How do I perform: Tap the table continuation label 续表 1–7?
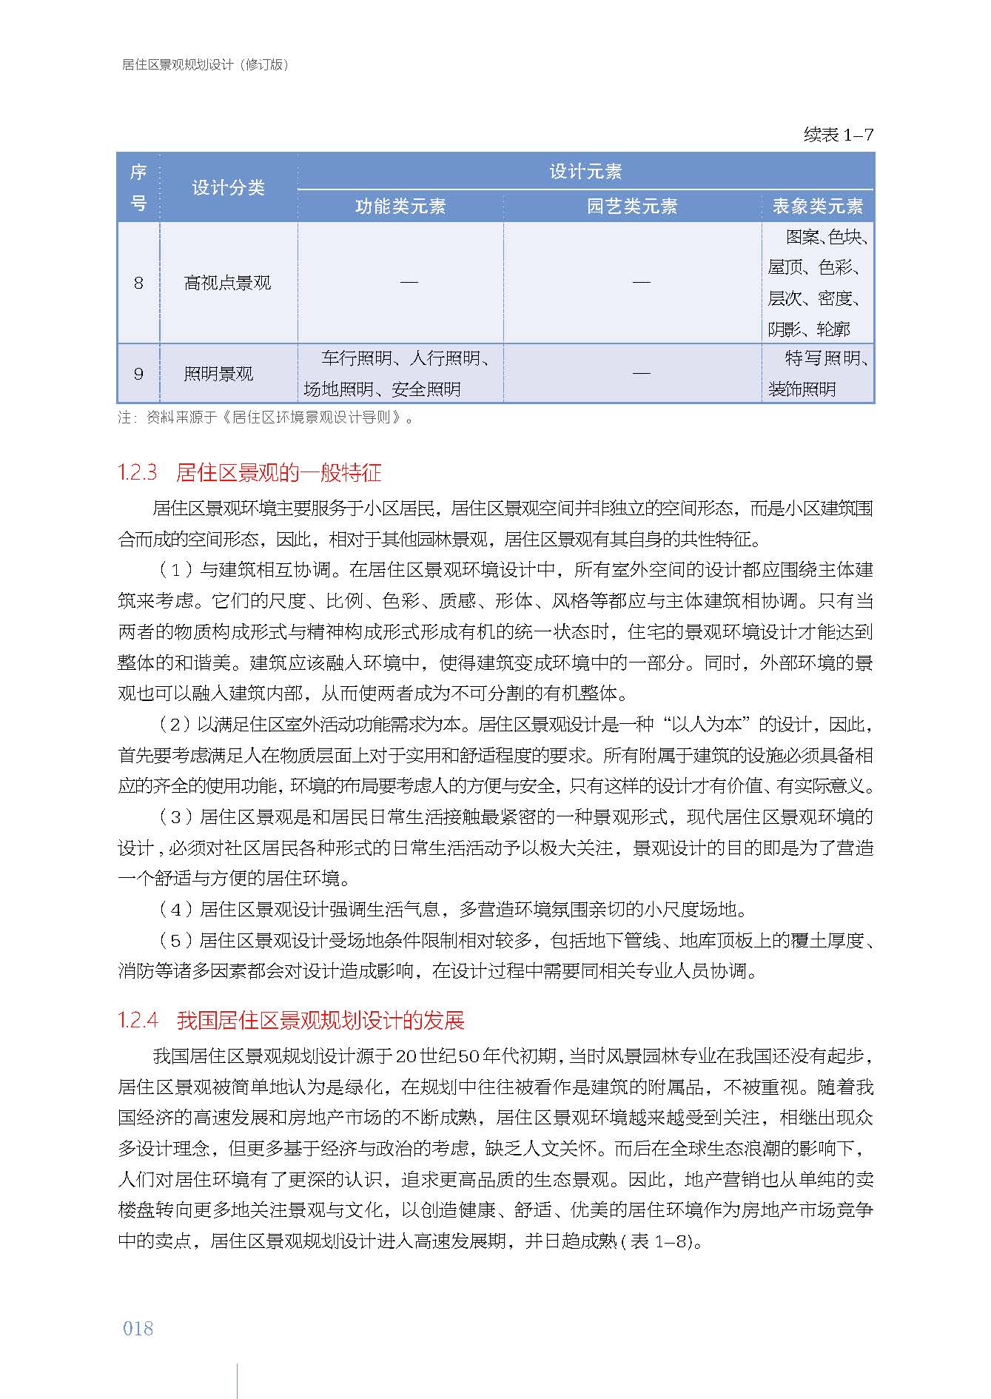tap(838, 135)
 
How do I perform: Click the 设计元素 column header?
tap(585, 172)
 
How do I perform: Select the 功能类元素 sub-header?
tap(400, 206)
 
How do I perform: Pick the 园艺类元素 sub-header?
tap(632, 206)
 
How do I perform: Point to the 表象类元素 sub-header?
tap(817, 206)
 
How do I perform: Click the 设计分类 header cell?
tap(228, 187)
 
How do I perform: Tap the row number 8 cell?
tap(138, 283)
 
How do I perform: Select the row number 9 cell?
tap(138, 374)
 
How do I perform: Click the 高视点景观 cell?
tap(227, 283)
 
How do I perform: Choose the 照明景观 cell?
tap(218, 374)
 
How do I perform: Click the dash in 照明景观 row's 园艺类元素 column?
tap(641, 373)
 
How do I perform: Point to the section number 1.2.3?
tap(138, 472)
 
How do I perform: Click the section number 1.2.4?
tap(138, 1021)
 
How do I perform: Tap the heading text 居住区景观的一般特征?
tap(279, 472)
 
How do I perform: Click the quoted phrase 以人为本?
tap(710, 725)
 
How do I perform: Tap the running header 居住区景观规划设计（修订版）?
tap(205, 64)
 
